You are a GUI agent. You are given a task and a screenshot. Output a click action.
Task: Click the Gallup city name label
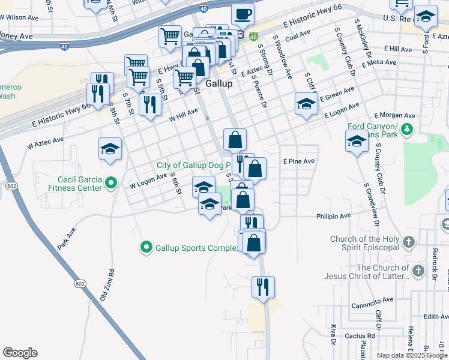pos(218,85)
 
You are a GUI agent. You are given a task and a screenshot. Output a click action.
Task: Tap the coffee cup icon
pos(243,13)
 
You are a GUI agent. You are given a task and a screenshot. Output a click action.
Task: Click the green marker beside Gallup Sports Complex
pos(146,247)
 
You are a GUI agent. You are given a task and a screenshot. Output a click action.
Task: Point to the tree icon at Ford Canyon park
pos(407,128)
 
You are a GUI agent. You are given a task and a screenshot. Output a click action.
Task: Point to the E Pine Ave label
pos(298,161)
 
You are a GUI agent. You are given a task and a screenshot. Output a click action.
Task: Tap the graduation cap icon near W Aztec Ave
pos(110,149)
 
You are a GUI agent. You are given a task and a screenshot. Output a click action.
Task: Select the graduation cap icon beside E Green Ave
pos(306,104)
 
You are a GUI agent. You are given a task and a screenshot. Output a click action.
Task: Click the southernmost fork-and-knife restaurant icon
pos(263,286)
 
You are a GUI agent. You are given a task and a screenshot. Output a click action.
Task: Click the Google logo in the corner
pos(20,353)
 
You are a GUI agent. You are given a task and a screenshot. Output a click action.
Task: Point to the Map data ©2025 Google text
pos(412,355)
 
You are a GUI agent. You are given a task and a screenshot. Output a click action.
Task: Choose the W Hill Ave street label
pos(183,115)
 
